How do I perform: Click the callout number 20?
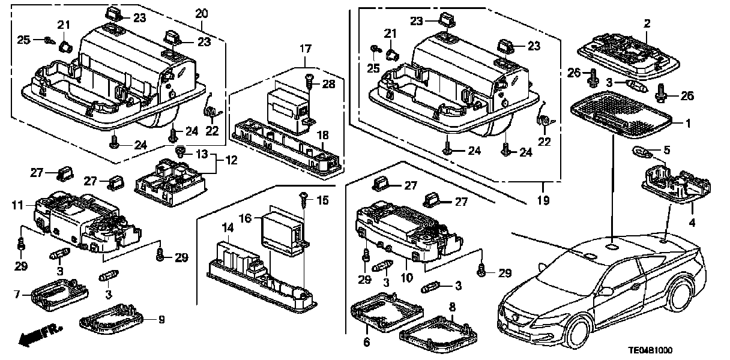[x=202, y=13]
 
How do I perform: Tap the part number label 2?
[x=647, y=23]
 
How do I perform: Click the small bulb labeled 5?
[x=639, y=151]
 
